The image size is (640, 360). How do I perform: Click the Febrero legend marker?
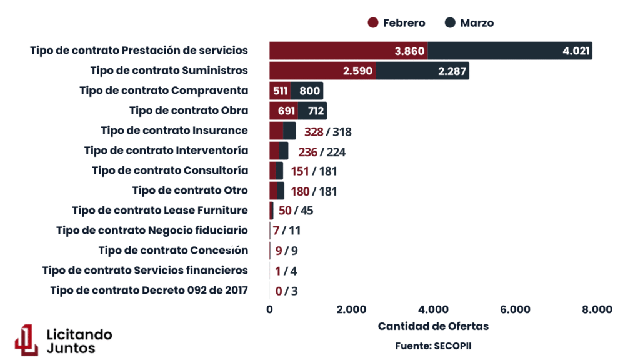[x=374, y=23]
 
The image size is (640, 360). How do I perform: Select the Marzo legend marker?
[x=451, y=23]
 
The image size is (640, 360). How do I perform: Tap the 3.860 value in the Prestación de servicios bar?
[x=410, y=51]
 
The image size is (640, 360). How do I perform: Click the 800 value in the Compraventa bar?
[x=310, y=91]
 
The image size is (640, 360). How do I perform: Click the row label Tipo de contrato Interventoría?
[x=166, y=151]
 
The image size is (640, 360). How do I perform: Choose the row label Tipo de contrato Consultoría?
[x=170, y=171]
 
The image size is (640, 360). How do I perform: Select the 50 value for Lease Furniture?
[x=285, y=211]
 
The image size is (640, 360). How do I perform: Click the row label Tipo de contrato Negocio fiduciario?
[x=152, y=231]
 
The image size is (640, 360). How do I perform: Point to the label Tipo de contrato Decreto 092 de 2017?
[x=149, y=290]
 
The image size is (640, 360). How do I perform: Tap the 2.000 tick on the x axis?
[x=351, y=309]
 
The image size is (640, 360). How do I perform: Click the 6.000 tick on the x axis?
[x=516, y=309]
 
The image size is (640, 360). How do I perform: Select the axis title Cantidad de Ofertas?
[x=433, y=326]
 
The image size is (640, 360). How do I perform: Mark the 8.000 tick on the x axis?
[x=597, y=309]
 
